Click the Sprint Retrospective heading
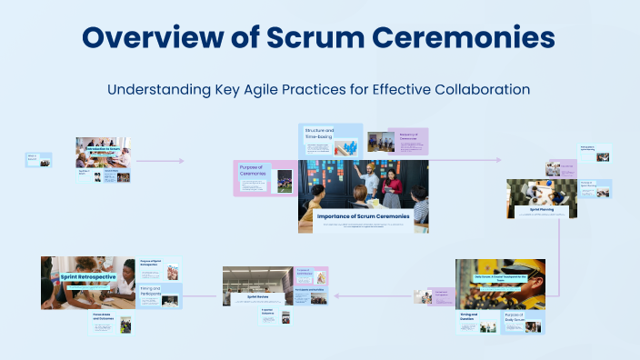(87, 276)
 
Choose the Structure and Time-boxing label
(319, 134)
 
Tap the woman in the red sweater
(393, 188)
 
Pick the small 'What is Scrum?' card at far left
(37, 160)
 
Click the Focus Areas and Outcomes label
(107, 316)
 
